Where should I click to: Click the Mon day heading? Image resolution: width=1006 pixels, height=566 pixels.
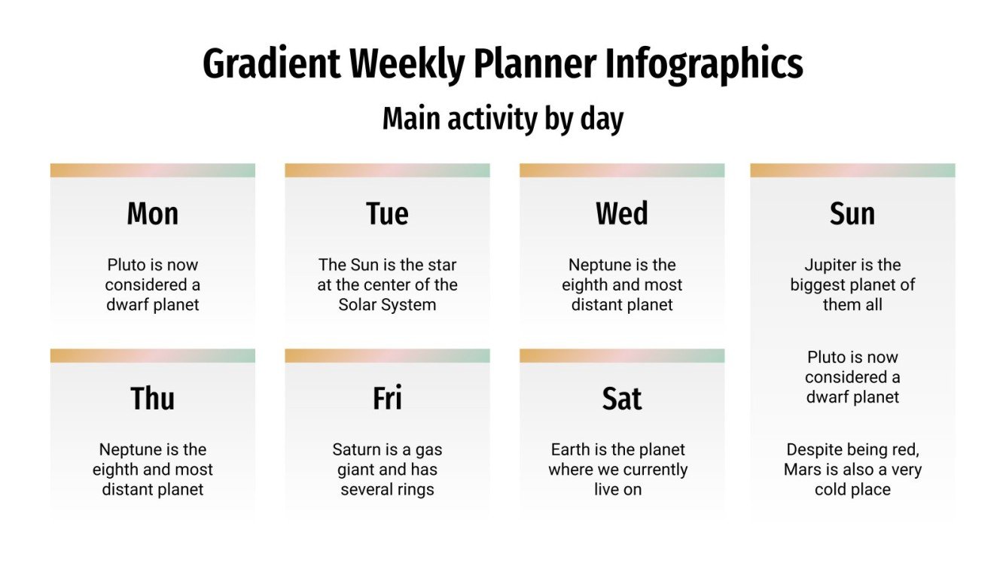tap(153, 214)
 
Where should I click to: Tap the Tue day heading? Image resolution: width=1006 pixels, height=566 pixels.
tap(387, 214)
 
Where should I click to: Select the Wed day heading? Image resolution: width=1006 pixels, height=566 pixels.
tap(622, 214)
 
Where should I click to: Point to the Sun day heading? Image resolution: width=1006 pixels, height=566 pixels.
tap(852, 214)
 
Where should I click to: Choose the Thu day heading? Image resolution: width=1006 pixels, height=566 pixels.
tap(153, 398)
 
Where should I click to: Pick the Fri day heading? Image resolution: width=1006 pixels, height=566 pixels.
tap(387, 398)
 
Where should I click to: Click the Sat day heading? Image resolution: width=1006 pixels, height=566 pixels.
tap(622, 398)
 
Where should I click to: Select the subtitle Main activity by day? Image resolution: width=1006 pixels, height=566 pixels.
tap(503, 119)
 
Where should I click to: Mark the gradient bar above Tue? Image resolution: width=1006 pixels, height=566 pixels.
tap(387, 170)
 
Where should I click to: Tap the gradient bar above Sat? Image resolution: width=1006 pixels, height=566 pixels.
tap(622, 355)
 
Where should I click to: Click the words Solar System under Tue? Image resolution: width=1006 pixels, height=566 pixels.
tap(387, 305)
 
